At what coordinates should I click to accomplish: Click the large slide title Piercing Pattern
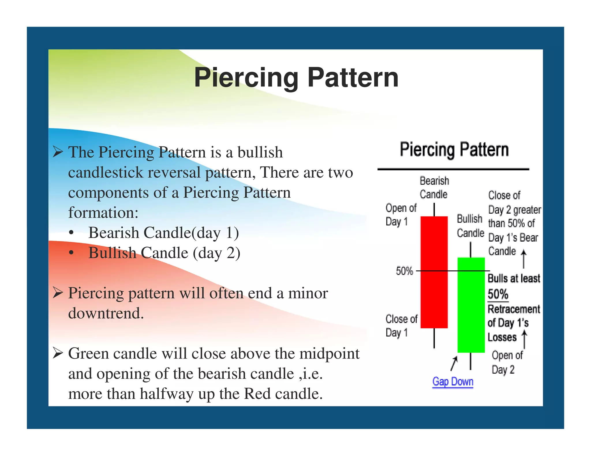coord(296,77)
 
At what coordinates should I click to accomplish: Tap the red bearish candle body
coord(434,272)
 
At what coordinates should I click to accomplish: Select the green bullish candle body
coord(471,305)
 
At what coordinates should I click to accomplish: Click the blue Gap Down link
coord(452,381)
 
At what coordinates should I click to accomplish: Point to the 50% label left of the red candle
coord(404,271)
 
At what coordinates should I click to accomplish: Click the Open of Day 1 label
coord(401,215)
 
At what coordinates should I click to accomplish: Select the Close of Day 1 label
coord(401,326)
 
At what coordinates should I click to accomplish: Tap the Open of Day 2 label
coord(507,362)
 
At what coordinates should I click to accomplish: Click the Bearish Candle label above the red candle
coord(434,187)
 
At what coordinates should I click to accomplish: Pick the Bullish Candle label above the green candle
coord(470,226)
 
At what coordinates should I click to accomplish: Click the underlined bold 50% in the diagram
coord(498,294)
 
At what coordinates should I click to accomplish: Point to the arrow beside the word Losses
coord(524,339)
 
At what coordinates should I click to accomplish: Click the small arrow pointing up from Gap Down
coord(454,363)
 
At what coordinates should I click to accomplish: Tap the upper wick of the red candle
coord(434,210)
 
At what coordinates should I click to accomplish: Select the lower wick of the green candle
coord(470,361)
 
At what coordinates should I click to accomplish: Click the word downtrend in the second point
coord(106,313)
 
